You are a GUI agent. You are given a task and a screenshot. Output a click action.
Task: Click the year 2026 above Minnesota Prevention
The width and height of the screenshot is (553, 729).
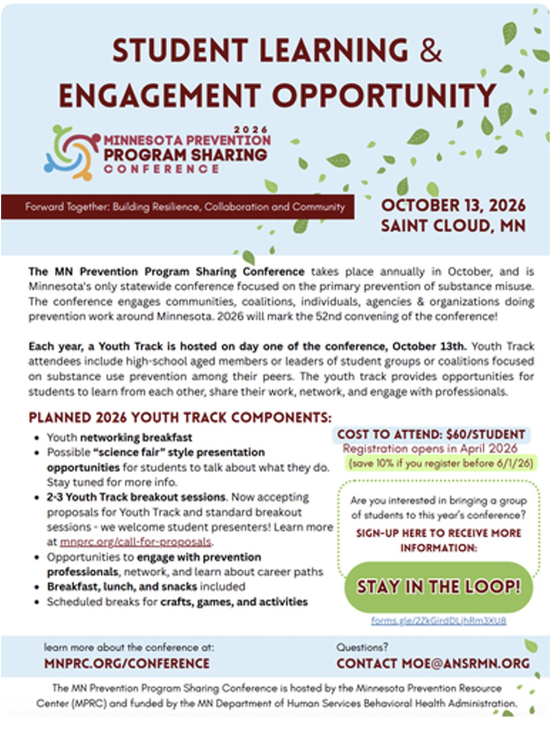pyautogui.click(x=250, y=129)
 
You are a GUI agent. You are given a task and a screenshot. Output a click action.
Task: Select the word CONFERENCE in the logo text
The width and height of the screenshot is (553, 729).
pyautogui.click(x=161, y=169)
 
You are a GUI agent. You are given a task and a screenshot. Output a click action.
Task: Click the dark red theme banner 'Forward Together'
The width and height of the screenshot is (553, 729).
pyautogui.click(x=177, y=207)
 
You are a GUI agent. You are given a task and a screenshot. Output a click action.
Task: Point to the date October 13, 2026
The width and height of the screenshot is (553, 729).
pyautogui.click(x=453, y=205)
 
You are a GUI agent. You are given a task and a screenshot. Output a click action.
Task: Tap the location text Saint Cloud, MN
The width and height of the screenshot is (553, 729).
pyautogui.click(x=453, y=226)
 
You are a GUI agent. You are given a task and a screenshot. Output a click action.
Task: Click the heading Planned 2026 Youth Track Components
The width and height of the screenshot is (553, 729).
pyautogui.click(x=180, y=417)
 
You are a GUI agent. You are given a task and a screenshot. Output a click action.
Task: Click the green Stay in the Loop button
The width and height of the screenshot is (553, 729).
pyautogui.click(x=438, y=586)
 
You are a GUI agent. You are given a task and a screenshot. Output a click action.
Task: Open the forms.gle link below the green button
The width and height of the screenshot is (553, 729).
pyautogui.click(x=438, y=620)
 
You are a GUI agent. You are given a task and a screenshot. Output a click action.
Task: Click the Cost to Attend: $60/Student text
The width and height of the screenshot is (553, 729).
pyautogui.click(x=431, y=434)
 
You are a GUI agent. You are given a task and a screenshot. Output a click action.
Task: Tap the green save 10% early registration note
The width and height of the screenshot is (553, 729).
pyautogui.click(x=441, y=463)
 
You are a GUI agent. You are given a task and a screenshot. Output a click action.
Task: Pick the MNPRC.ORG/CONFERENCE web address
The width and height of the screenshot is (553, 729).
pyautogui.click(x=127, y=664)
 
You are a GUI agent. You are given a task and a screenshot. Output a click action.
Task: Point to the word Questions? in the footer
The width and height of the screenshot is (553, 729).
pyautogui.click(x=362, y=647)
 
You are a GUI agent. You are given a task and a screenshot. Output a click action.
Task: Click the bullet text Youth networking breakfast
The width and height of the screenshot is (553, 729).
pyautogui.click(x=119, y=437)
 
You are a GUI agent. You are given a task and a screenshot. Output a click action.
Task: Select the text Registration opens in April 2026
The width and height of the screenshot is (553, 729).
pyautogui.click(x=430, y=448)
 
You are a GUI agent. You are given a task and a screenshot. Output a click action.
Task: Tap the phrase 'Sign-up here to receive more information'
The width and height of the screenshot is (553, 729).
pyautogui.click(x=438, y=540)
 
